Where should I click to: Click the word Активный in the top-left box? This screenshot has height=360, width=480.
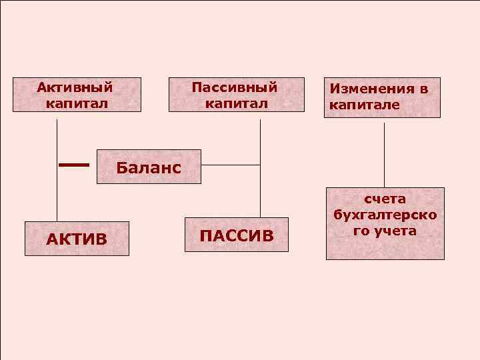(x=74, y=87)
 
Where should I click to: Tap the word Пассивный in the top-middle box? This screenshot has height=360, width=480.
(x=234, y=87)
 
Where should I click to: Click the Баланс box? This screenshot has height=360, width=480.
(x=148, y=166)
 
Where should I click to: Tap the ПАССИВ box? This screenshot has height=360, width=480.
(x=237, y=235)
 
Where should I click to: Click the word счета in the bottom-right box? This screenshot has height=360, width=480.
(x=385, y=199)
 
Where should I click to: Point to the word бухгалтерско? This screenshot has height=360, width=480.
(x=385, y=215)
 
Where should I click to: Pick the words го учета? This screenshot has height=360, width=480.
(x=385, y=231)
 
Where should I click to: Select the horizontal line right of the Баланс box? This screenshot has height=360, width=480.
(x=230, y=165)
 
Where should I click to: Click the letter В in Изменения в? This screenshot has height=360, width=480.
(x=422, y=89)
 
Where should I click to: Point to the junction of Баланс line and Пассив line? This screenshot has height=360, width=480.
(x=260, y=165)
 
